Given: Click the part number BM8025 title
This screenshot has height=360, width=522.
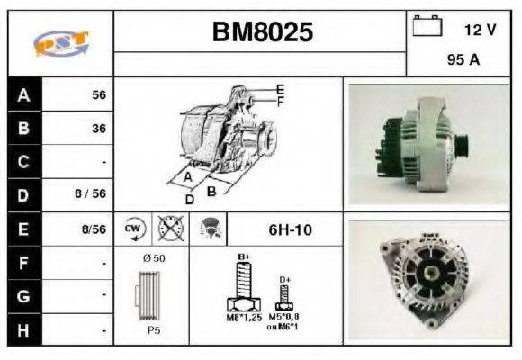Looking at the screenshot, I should point(262,33).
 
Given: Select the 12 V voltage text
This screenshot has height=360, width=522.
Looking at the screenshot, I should point(479,30).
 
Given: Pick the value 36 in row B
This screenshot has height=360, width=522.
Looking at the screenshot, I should point(98,129).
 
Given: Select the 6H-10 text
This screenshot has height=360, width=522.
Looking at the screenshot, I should point(290,229).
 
